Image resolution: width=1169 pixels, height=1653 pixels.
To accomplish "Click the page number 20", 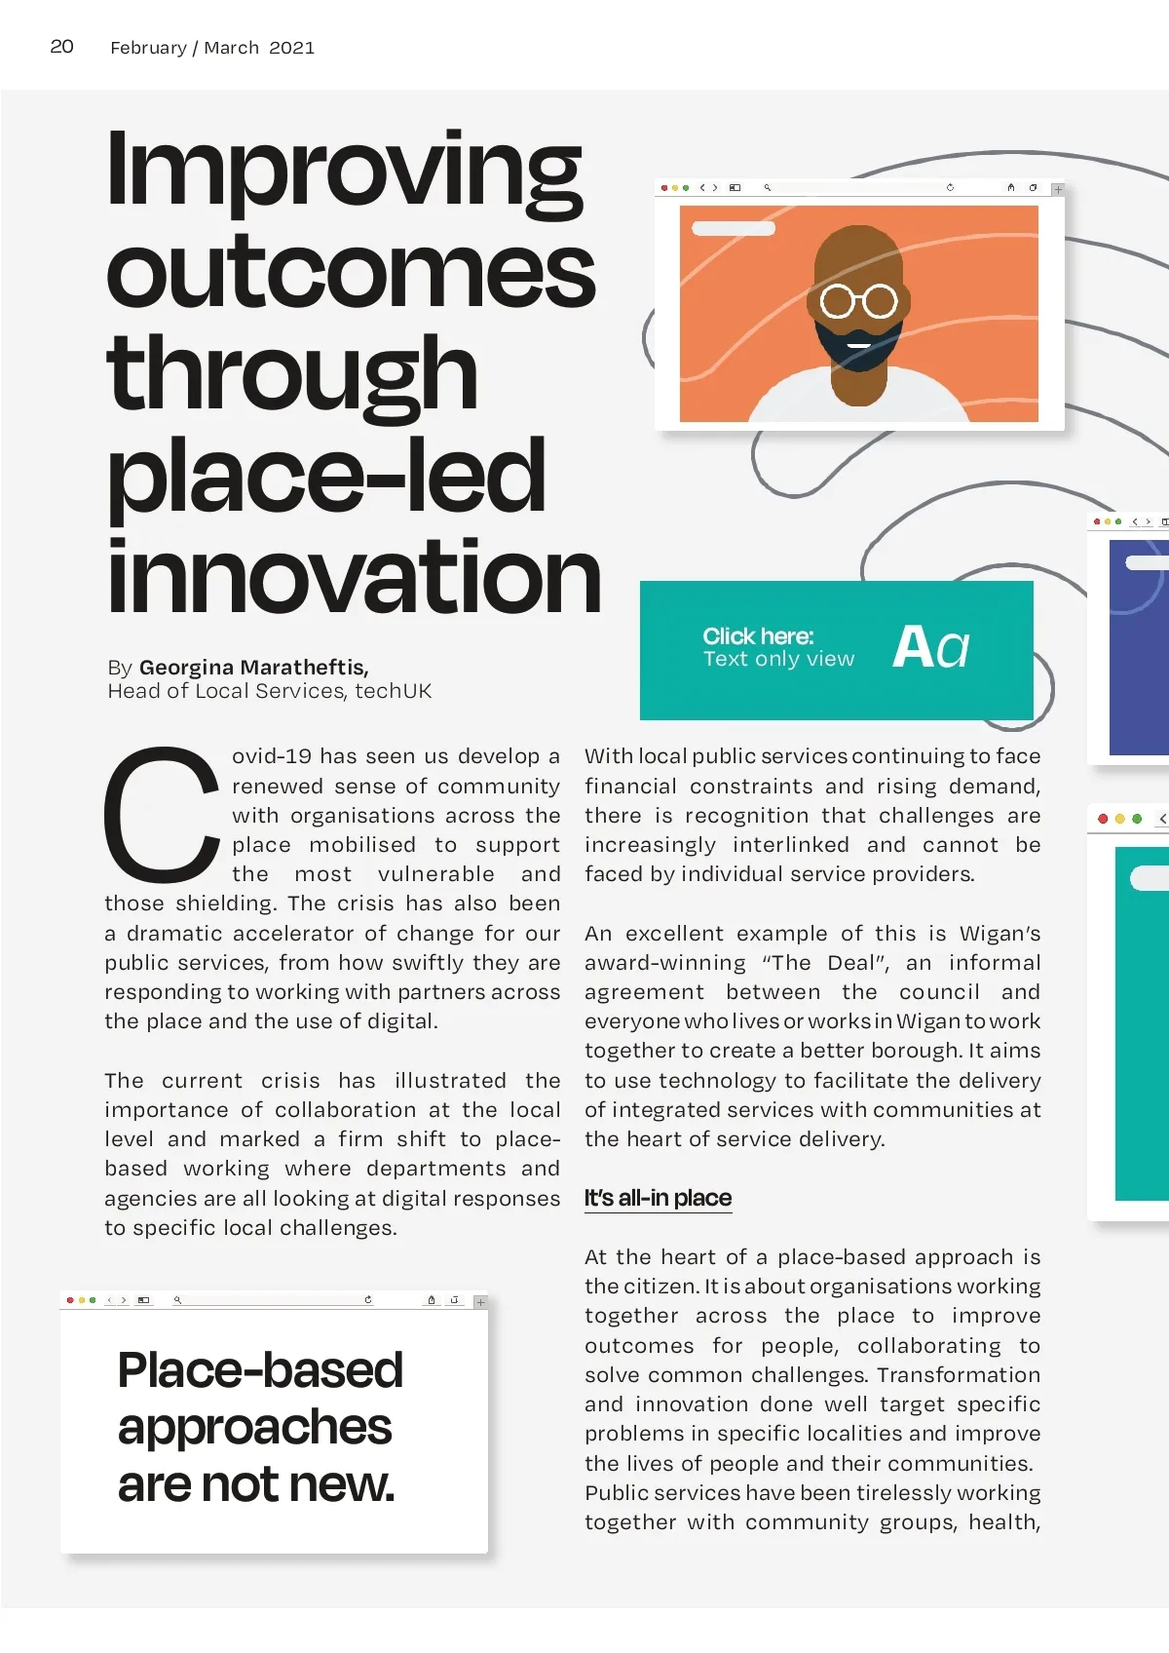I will [61, 47].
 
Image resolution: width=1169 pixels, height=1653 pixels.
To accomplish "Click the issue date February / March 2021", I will [211, 48].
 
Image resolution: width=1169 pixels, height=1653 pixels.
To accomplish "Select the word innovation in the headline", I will [353, 577].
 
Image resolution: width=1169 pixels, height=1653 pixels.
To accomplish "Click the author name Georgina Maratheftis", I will [253, 668].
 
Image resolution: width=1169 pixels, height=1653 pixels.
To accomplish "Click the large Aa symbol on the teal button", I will [930, 647].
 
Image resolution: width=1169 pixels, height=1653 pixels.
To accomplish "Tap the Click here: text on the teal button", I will [758, 636].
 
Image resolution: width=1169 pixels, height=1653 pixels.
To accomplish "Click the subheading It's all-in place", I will [658, 1198].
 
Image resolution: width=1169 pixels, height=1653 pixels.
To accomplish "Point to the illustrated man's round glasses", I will [858, 301].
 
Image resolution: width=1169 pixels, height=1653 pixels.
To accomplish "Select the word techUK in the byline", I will [393, 691].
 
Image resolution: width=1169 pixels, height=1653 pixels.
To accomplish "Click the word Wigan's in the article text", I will [999, 934].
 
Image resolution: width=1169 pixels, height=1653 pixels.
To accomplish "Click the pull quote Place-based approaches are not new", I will [259, 1427].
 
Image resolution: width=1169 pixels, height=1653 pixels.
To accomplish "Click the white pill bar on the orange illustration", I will [733, 228].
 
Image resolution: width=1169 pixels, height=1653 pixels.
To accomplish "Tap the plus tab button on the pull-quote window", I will [480, 1302].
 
